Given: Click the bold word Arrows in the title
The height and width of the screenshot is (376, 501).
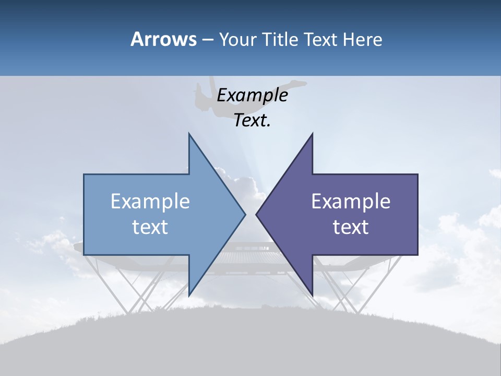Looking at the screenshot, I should (163, 39).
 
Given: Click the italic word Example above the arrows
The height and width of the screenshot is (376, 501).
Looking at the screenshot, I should (252, 96).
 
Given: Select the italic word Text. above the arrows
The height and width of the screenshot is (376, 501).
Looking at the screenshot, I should (252, 121).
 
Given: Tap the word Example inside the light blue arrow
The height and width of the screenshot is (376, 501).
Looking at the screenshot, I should (150, 202).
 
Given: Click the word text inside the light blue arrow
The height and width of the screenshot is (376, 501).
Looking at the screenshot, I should (150, 227).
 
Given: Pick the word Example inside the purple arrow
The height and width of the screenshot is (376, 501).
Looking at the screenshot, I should (351, 202).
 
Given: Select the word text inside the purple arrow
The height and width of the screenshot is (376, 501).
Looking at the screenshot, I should (351, 227).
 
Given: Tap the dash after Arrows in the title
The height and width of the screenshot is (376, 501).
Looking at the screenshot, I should (207, 40).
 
